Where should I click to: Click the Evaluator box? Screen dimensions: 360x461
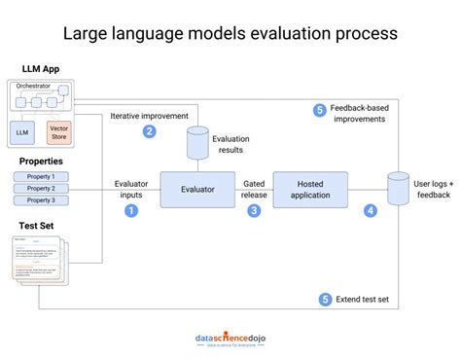(x=197, y=189)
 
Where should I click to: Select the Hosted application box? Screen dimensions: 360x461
(x=309, y=189)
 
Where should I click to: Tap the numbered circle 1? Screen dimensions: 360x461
(x=132, y=209)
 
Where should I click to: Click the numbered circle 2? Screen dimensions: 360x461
(x=149, y=131)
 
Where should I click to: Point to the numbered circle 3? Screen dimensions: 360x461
(x=255, y=209)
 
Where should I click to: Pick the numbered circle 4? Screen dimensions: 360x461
(x=370, y=209)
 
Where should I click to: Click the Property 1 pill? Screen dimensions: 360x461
(x=41, y=176)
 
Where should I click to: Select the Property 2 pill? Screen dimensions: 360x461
(x=41, y=188)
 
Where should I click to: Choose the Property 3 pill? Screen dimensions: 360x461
(x=41, y=200)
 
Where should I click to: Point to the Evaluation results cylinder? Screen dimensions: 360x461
(x=197, y=142)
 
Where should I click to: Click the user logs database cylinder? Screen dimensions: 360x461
(x=397, y=188)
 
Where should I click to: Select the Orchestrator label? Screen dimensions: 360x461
(x=34, y=87)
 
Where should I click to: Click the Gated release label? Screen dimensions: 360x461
(x=254, y=188)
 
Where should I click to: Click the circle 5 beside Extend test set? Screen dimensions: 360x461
(x=325, y=300)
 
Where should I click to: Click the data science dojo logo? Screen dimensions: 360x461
(x=230, y=339)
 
